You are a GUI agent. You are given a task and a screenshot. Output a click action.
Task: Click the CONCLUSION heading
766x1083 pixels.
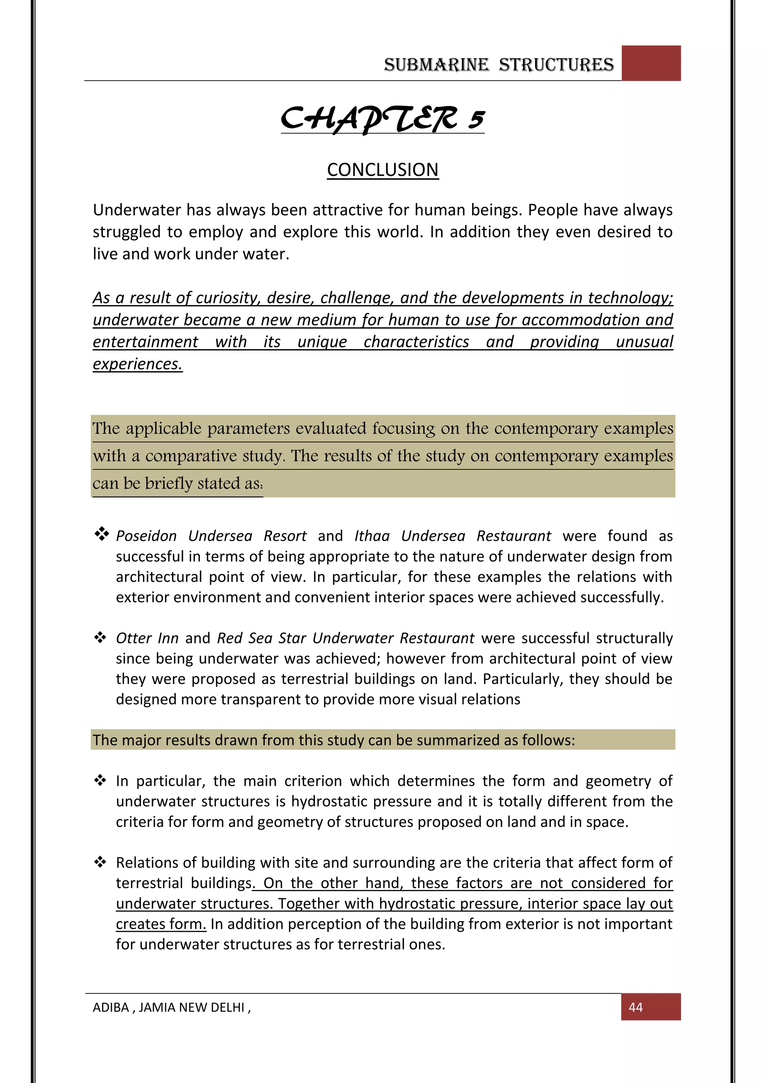(x=383, y=170)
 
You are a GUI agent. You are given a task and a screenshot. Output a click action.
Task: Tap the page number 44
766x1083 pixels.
(x=635, y=1007)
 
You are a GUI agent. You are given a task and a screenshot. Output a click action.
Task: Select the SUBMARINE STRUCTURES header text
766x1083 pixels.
(x=499, y=65)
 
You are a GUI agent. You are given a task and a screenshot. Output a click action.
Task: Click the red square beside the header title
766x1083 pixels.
(x=651, y=63)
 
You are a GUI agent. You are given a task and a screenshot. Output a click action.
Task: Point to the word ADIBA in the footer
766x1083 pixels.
(x=111, y=1007)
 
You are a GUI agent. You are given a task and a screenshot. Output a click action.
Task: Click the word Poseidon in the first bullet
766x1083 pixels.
(x=146, y=536)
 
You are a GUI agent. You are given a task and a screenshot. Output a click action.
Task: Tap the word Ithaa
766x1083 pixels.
(x=372, y=536)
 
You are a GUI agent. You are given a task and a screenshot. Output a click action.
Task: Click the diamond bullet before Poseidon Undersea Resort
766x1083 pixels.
(x=101, y=534)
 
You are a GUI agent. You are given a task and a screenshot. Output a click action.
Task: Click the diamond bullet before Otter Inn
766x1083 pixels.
(x=100, y=638)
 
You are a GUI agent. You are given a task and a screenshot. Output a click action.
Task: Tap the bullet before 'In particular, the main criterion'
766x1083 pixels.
(x=100, y=780)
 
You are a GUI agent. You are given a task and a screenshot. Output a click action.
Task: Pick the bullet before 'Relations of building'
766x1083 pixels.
(x=100, y=862)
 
